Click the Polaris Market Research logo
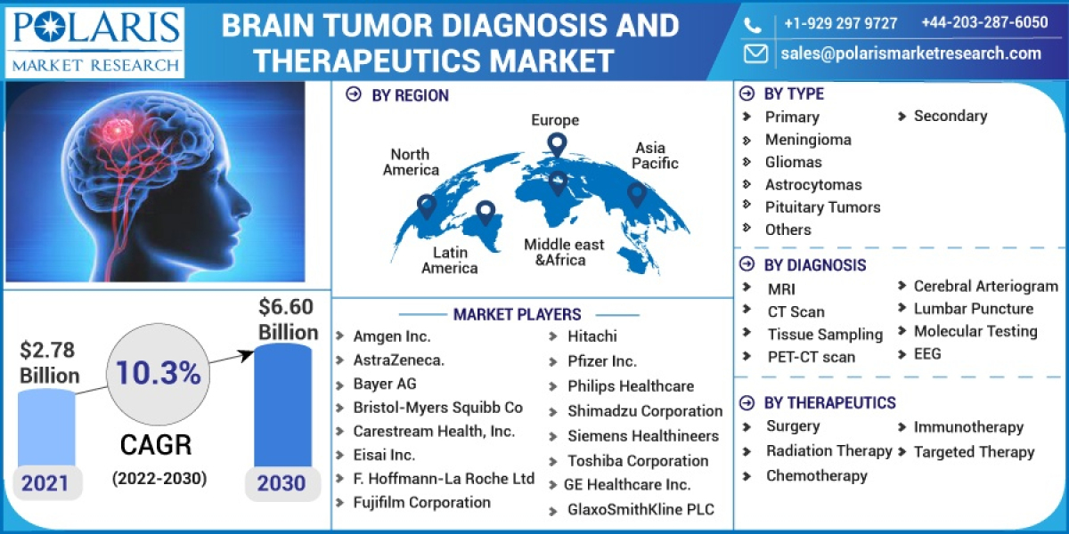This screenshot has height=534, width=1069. (94, 40)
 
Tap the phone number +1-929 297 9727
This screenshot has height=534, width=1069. (840, 23)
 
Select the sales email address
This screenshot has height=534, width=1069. (910, 53)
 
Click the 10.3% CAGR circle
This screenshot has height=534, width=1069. (155, 374)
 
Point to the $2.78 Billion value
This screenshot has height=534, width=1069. (49, 362)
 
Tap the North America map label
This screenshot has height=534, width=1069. (411, 162)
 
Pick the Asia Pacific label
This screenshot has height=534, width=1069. (655, 156)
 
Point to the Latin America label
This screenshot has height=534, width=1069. (450, 260)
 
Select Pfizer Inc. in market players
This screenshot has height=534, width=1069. (602, 361)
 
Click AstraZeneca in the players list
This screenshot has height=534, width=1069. (398, 360)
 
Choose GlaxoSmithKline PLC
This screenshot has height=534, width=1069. (641, 510)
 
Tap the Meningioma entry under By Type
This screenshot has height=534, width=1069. (808, 140)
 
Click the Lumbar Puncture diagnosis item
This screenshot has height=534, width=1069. (974, 309)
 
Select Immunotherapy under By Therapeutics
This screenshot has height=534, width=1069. (968, 427)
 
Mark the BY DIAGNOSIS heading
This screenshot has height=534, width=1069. (815, 264)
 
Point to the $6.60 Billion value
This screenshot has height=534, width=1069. (288, 320)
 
